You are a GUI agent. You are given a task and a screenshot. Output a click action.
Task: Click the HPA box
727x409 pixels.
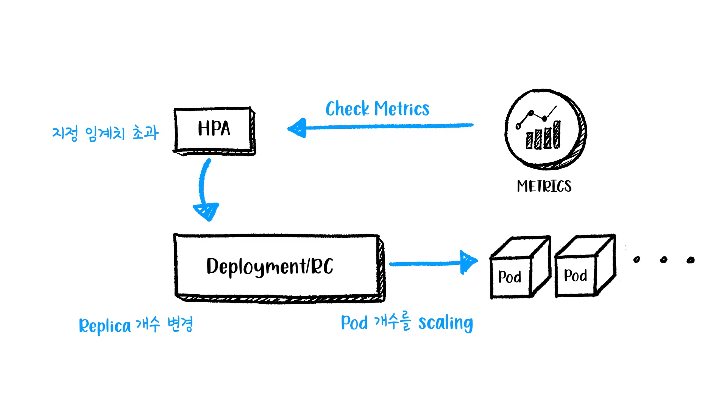coord(214,130)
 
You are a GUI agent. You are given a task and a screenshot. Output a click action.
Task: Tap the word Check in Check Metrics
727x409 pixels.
coord(347,109)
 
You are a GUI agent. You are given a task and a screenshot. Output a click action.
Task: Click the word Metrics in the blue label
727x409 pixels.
coord(402,109)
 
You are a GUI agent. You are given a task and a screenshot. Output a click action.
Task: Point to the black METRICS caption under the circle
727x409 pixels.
coord(544,186)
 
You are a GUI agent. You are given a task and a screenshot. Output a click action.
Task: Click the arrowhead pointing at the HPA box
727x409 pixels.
coord(298,128)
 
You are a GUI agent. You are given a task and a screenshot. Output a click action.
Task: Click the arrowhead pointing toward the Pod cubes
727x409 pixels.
coord(468,262)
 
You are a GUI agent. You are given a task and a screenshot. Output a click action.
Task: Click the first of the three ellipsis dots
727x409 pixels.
coord(637,259)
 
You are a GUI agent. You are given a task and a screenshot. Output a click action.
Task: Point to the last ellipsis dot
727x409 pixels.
coord(691,260)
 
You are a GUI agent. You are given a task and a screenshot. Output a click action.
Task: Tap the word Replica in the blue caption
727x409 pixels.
coord(105,326)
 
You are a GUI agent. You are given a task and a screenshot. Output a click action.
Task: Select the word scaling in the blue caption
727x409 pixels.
coord(445,323)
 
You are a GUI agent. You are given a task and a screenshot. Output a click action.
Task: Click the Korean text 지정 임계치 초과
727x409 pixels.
coord(105,133)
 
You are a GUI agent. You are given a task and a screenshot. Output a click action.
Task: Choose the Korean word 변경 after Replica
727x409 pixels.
coord(180,324)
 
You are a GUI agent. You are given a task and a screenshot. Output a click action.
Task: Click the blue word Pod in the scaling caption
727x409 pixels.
coord(354,323)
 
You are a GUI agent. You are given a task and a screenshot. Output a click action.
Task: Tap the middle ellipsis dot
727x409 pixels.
coord(663,260)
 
